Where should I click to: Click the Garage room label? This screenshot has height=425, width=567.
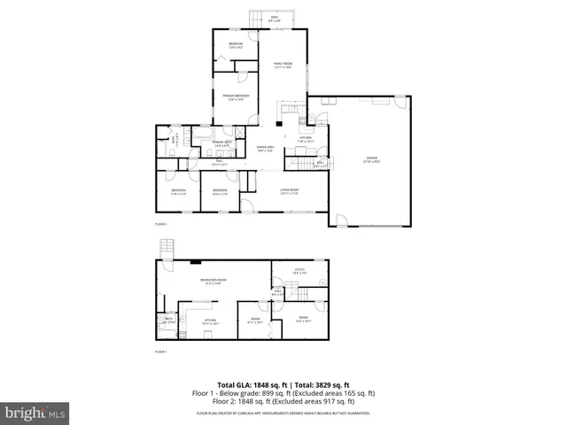[x=371, y=160]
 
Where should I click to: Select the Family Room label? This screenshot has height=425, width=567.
[x=283, y=66]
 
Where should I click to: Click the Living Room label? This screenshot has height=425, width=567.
[x=289, y=191]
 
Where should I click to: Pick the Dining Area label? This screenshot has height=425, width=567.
[x=266, y=149]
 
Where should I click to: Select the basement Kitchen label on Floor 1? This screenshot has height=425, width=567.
[x=211, y=322]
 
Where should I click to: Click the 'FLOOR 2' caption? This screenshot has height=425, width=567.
[x=161, y=225]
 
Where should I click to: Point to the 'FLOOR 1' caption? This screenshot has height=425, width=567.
[x=161, y=352]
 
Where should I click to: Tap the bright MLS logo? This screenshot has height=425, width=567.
[x=35, y=413]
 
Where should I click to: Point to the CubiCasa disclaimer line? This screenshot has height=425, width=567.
[x=283, y=413]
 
